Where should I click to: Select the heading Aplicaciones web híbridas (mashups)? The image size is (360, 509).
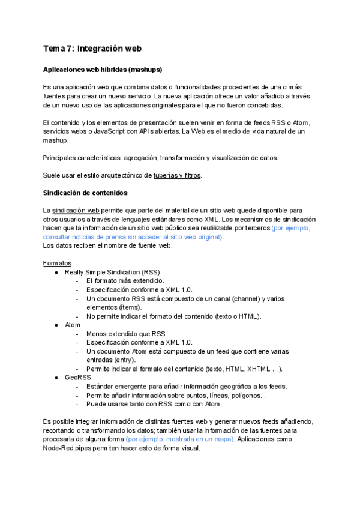click(x=103, y=70)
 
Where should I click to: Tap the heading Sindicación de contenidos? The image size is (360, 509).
click(x=85, y=193)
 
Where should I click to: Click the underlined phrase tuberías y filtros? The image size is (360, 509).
click(x=177, y=175)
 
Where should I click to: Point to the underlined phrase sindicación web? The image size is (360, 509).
click(x=76, y=211)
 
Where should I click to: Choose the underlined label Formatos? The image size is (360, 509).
click(x=58, y=263)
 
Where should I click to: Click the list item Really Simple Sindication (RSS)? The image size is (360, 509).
click(x=112, y=272)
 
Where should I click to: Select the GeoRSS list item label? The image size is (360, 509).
click(x=78, y=377)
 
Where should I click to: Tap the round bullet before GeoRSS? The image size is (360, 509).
click(x=56, y=377)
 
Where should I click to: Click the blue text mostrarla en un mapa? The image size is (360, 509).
click(x=198, y=439)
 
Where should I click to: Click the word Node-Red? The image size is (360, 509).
click(x=59, y=448)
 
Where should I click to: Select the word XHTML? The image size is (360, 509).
click(x=253, y=369)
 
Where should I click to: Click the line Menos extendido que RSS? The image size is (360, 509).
click(x=127, y=333)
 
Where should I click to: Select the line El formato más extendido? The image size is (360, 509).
click(x=125, y=280)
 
